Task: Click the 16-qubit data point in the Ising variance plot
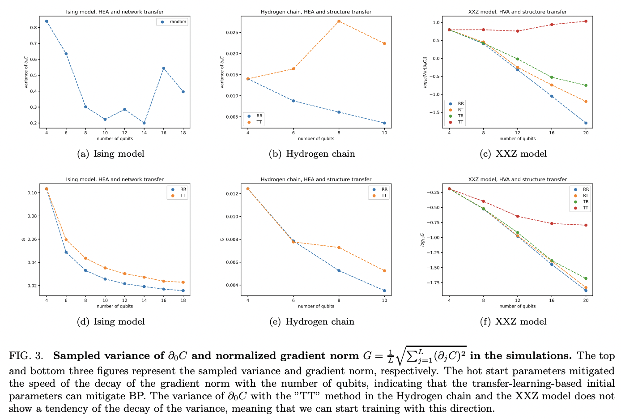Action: [164, 68]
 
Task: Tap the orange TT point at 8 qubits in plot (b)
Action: [339, 21]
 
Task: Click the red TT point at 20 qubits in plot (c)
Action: [586, 21]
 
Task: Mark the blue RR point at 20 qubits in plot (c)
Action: [586, 123]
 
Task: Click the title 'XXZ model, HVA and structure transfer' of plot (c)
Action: [517, 12]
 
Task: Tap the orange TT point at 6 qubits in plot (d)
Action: [66, 240]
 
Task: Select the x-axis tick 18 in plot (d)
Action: [183, 300]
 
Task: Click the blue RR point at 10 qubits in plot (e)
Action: [384, 291]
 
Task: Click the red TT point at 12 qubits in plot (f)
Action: [518, 216]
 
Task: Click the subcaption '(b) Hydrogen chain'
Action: [312, 154]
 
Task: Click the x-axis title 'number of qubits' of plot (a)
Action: [115, 139]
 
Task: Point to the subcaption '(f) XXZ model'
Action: [513, 322]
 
